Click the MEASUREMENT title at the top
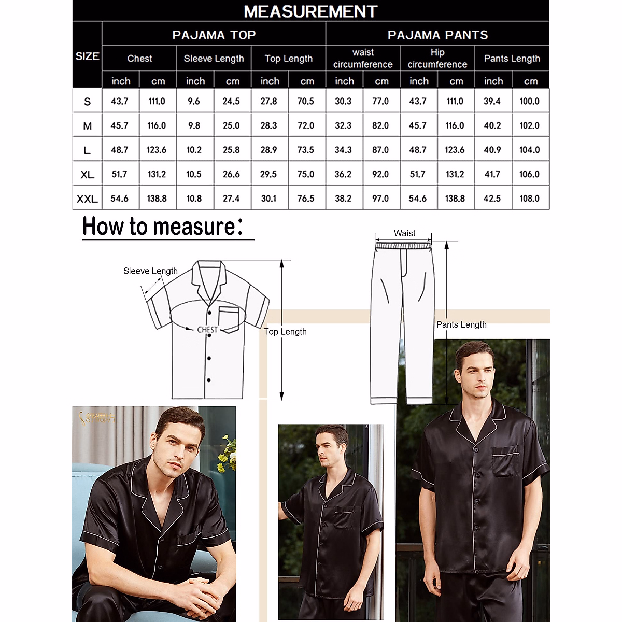[310, 11]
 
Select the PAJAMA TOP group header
[214, 35]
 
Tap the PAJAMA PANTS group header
[437, 35]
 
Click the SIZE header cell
[87, 56]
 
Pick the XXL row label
[87, 199]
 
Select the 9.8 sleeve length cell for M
[194, 125]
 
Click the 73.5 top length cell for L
[306, 150]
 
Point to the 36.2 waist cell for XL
[343, 174]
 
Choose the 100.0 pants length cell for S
[530, 101]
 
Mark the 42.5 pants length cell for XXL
[492, 199]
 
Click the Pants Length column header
[512, 59]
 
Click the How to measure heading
[162, 227]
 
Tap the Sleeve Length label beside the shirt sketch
[150, 271]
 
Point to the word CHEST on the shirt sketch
[207, 330]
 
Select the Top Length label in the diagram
[285, 332]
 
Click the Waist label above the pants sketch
[404, 233]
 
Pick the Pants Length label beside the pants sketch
[461, 324]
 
